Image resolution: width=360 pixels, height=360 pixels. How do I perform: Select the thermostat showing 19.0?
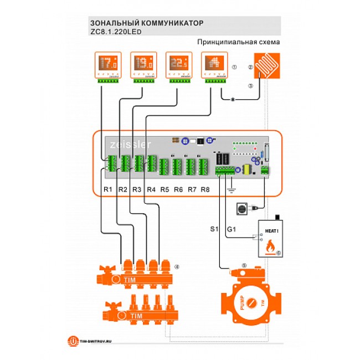141,65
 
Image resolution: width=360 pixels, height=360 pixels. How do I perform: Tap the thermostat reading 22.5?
177,65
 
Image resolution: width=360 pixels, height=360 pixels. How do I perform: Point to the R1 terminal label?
108,189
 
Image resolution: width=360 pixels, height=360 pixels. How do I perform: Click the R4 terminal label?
151,189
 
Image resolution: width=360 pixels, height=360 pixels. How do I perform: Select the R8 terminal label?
205,189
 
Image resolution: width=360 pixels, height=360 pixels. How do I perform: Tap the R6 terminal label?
178,189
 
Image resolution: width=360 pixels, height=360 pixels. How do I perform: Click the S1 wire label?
215,229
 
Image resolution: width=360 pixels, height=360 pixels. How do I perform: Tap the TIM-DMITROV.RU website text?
96,341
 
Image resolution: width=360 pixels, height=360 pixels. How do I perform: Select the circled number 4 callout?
176,267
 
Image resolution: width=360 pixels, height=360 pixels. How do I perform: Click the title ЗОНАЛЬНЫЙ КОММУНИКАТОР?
143,23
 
